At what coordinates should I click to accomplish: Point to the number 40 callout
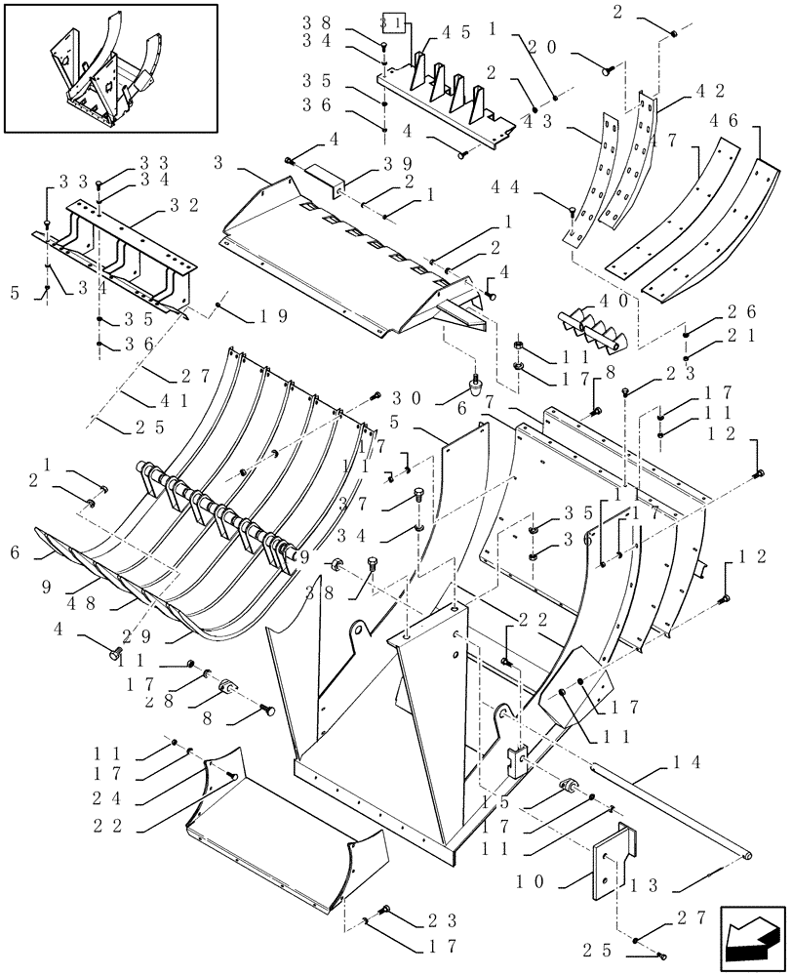coord(614,302)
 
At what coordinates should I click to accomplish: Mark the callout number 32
coord(184,205)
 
